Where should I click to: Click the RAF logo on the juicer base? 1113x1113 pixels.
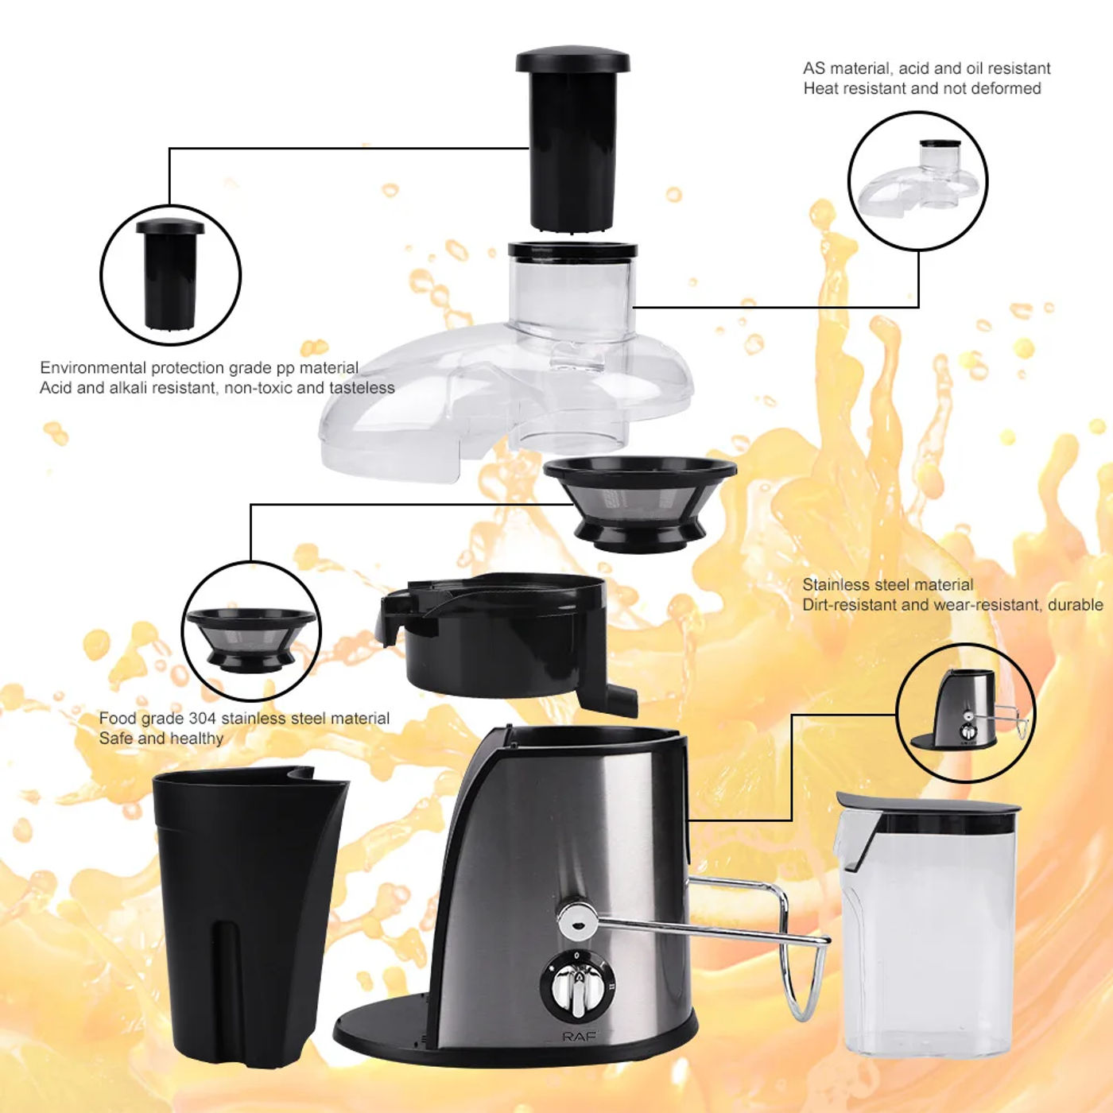click(579, 1037)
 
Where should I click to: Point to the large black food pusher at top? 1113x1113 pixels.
click(573, 140)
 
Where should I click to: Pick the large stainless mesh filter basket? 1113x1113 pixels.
click(640, 502)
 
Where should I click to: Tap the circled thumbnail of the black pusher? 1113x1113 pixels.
click(170, 274)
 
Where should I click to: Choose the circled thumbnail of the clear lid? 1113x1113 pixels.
click(917, 180)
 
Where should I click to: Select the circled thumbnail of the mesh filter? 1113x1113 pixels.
click(251, 631)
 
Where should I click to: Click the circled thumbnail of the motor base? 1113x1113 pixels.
click(965, 712)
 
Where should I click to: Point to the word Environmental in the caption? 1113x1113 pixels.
click(93, 368)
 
